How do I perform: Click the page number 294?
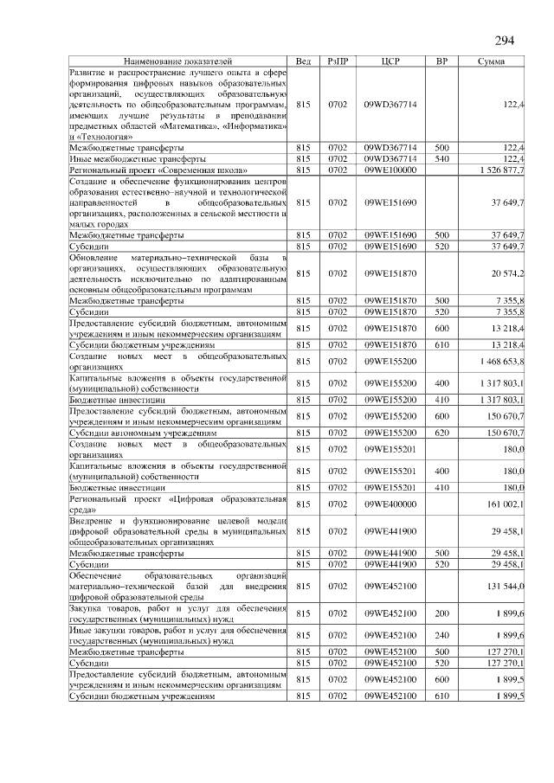pyautogui.click(x=505, y=42)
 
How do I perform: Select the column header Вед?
pyautogui.click(x=303, y=62)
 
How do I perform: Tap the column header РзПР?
pyautogui.click(x=338, y=62)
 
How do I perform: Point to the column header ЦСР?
pyautogui.click(x=390, y=62)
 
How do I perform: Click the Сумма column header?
pyautogui.click(x=497, y=62)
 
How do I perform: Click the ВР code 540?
pyautogui.click(x=441, y=159)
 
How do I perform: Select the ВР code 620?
pyautogui.click(x=441, y=432)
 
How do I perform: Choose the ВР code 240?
pyautogui.click(x=441, y=634)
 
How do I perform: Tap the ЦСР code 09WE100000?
pyautogui.click(x=390, y=170)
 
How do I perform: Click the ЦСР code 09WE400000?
pyautogui.click(x=390, y=503)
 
